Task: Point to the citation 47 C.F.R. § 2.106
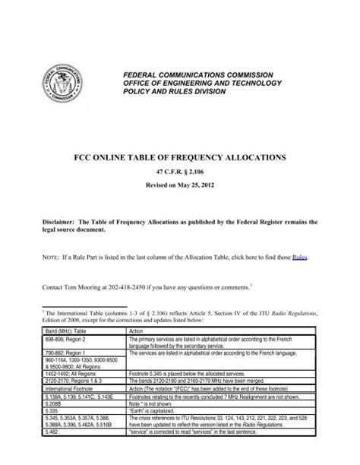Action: click(x=179, y=175)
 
